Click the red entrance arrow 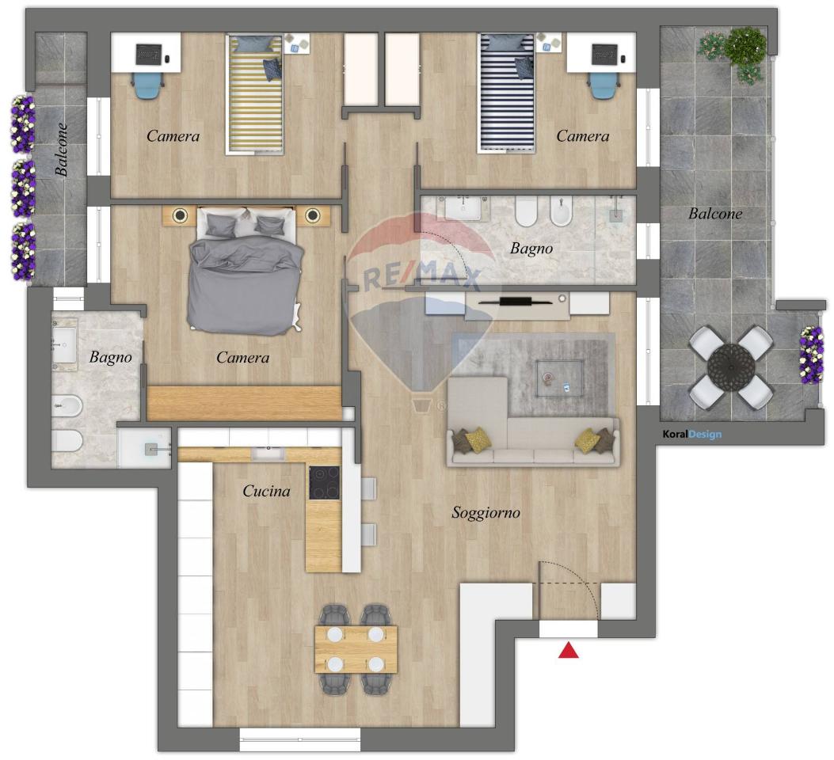click(x=568, y=650)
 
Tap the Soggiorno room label click(x=486, y=513)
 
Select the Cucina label click(x=266, y=491)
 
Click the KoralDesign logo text click(x=692, y=434)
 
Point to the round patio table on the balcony click(x=731, y=367)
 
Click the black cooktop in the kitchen click(x=325, y=483)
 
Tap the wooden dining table click(x=356, y=649)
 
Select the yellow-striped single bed click(x=255, y=94)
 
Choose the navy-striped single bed click(x=506, y=93)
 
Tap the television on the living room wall click(x=516, y=302)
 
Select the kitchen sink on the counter click(x=268, y=454)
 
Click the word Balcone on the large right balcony click(x=715, y=214)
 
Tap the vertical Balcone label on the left click(x=61, y=150)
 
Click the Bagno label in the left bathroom click(x=111, y=357)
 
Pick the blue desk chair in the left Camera click(x=147, y=85)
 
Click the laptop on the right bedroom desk click(x=605, y=54)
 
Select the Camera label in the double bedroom click(x=242, y=358)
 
